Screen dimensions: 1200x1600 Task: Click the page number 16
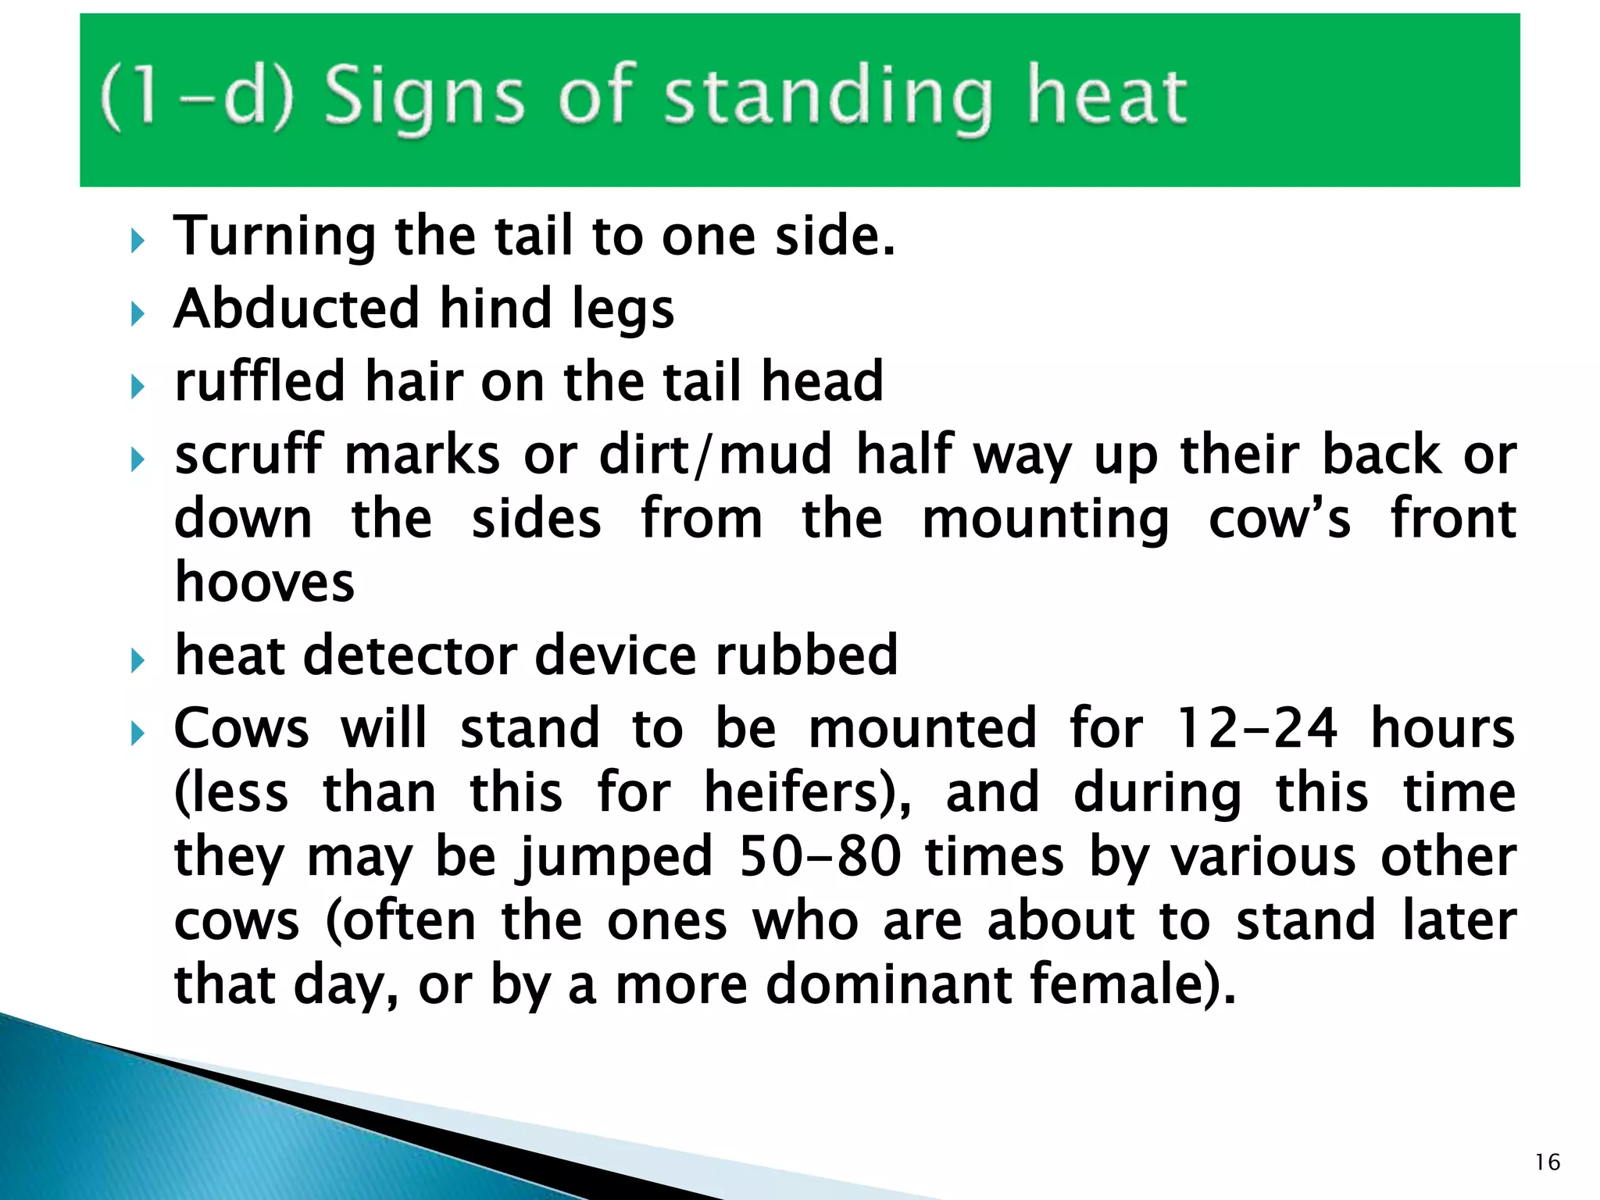[x=1547, y=1162]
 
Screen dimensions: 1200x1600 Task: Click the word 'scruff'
[x=248, y=455]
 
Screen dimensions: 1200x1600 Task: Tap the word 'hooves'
[x=265, y=583]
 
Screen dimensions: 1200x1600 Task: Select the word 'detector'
[x=409, y=655]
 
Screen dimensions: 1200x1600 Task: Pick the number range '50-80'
[x=820, y=856]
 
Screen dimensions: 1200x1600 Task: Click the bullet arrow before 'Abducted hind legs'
[x=138, y=314]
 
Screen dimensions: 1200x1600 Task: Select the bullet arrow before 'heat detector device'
[x=138, y=661]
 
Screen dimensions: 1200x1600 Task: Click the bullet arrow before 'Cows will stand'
[x=138, y=734]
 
